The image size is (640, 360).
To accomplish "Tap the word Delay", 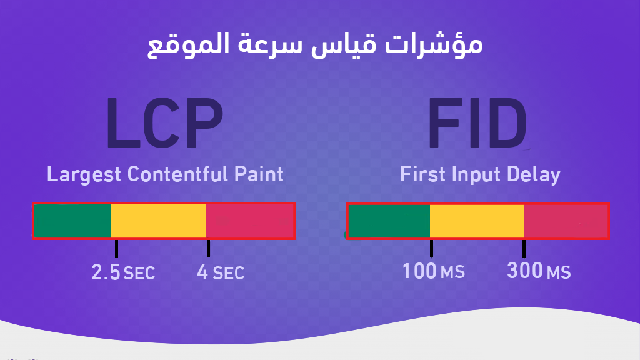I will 534,174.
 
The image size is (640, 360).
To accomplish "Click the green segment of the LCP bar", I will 72,221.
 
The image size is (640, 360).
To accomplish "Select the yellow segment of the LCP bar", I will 158,221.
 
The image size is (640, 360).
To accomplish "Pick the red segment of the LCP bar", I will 249,221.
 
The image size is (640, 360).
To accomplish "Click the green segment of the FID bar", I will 389,221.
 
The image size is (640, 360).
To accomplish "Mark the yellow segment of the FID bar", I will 476,221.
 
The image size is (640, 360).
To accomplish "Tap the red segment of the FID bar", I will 565,221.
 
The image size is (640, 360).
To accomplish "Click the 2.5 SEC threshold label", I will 123,272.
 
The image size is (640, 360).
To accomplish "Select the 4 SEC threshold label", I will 220,272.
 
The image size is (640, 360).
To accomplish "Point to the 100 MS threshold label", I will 433,272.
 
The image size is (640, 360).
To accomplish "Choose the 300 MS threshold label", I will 539,272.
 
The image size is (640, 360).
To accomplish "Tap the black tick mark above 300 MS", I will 524,248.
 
